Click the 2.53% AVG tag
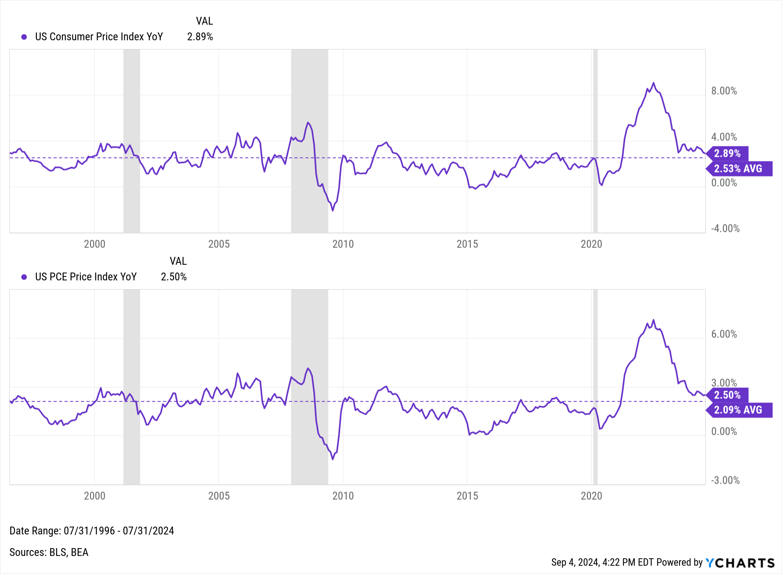coord(739,169)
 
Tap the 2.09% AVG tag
coord(739,410)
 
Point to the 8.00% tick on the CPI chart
coord(724,91)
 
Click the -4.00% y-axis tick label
coord(725,229)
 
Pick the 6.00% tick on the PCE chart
coord(724,334)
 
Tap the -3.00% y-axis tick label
coord(725,481)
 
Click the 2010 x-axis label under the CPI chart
coord(343,244)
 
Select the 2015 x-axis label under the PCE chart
coord(467,496)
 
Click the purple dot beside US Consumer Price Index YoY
coord(24,37)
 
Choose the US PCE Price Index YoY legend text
coord(86,277)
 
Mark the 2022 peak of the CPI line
coord(653,83)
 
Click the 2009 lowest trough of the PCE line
coord(333,459)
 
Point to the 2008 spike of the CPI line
coord(308,123)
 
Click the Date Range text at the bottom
coord(91,531)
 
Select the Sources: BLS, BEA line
coord(49,552)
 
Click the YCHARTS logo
coord(740,563)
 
